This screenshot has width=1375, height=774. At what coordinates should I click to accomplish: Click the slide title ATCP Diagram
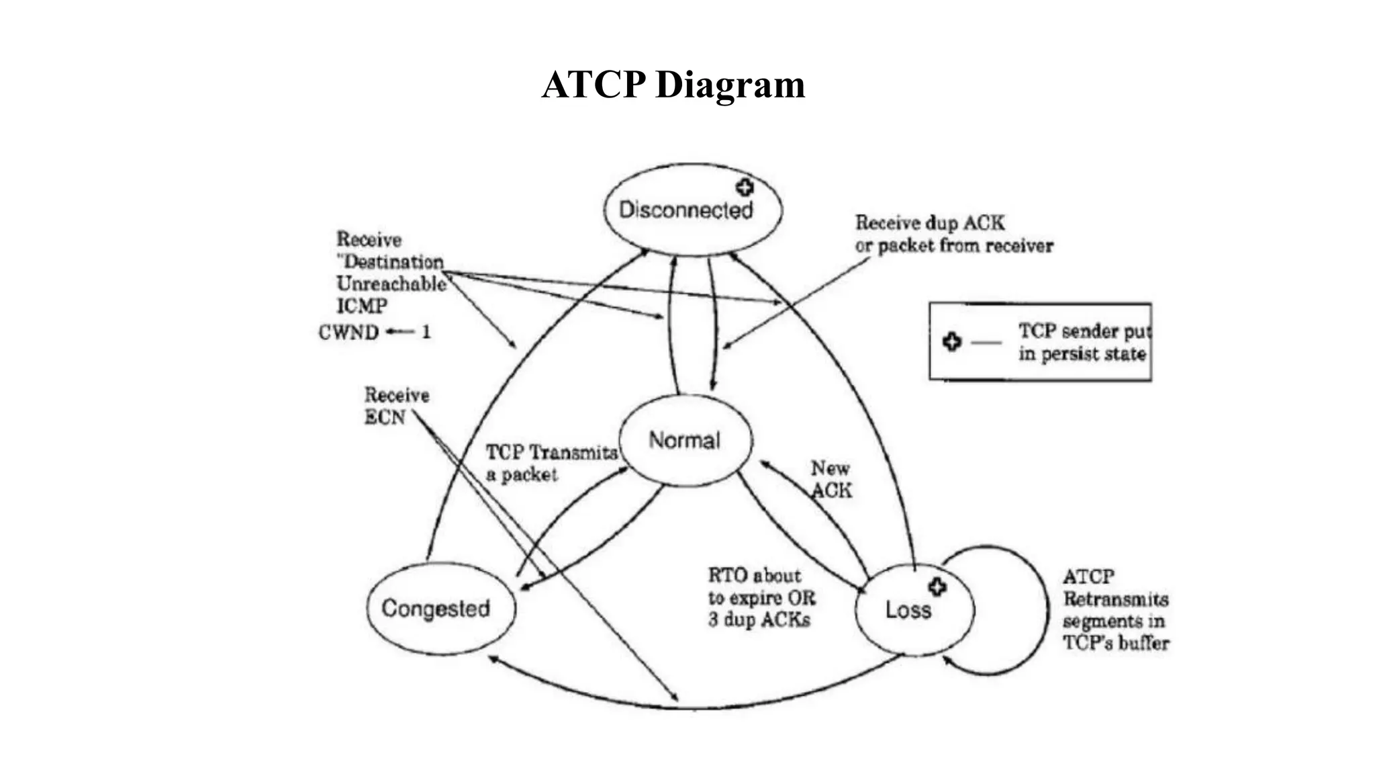(x=673, y=85)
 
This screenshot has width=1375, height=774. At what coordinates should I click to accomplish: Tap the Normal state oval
(x=685, y=440)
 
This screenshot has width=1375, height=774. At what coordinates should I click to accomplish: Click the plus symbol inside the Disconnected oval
(x=745, y=187)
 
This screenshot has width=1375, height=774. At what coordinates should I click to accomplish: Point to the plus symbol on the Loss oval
(x=937, y=587)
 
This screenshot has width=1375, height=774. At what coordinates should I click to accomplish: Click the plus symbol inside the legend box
(x=951, y=341)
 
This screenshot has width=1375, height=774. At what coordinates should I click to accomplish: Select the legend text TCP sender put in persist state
(x=1082, y=342)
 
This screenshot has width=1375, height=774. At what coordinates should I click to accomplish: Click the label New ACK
(x=831, y=479)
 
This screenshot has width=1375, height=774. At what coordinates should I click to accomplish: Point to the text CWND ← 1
(x=374, y=332)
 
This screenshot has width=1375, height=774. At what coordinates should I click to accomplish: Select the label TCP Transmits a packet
(x=551, y=463)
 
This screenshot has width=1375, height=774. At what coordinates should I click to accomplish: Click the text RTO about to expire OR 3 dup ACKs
(x=761, y=597)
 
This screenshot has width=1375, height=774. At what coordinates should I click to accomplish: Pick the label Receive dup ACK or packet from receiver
(x=953, y=234)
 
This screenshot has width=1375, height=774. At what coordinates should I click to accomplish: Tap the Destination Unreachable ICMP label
(x=391, y=273)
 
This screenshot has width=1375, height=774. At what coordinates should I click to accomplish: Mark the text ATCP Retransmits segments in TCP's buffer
(x=1115, y=609)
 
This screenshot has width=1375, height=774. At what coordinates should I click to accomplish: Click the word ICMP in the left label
(x=361, y=306)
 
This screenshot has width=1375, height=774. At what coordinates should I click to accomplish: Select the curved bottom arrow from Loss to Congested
(x=692, y=707)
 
